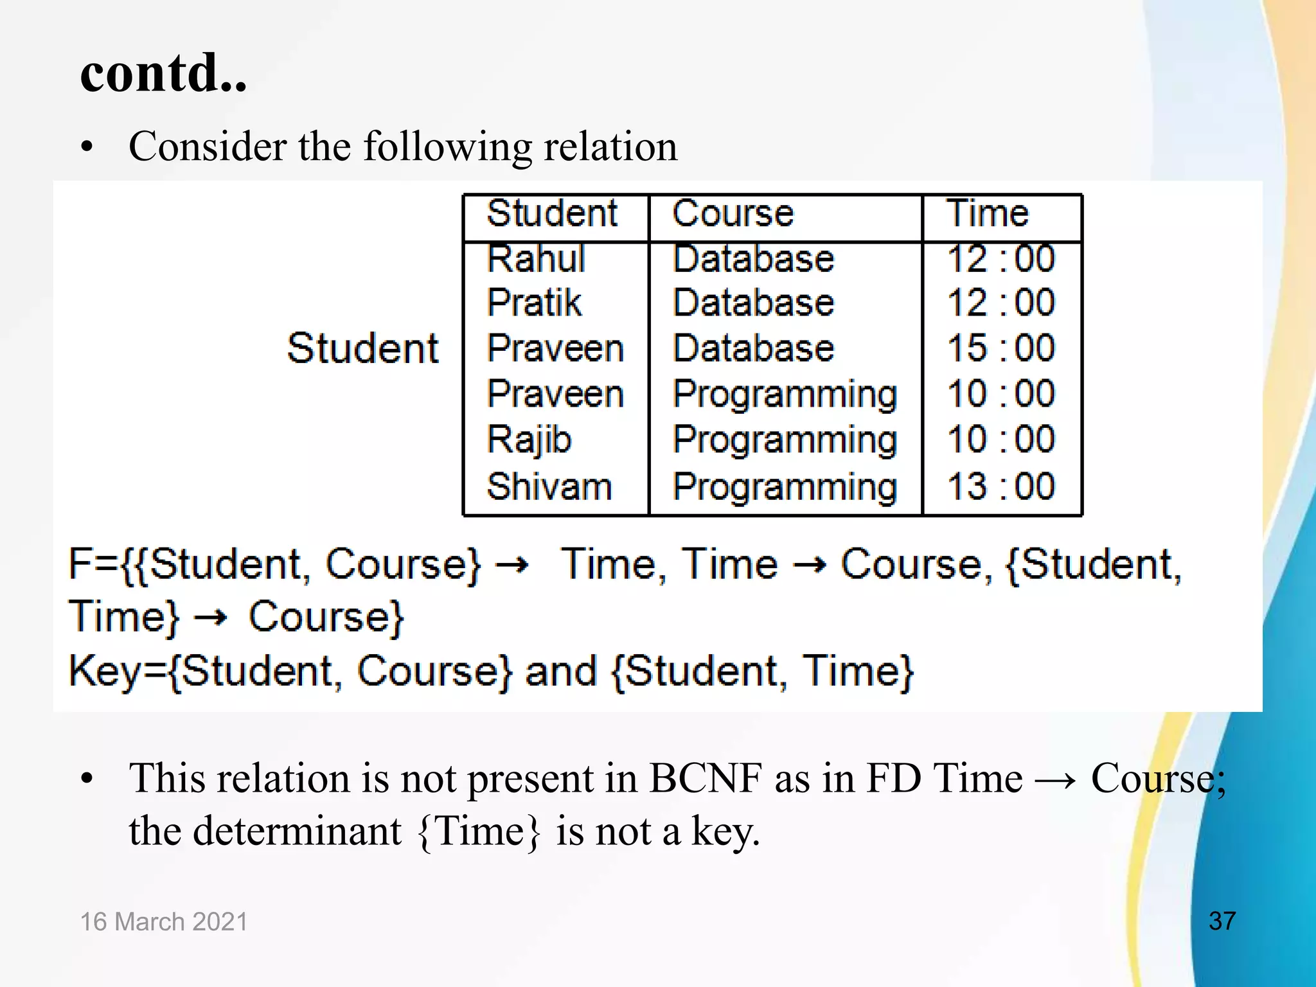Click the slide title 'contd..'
(163, 73)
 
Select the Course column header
(733, 213)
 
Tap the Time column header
(988, 213)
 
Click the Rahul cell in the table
(536, 258)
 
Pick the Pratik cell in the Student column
(534, 303)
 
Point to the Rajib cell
(529, 440)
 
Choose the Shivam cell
(549, 486)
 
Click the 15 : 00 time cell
(1000, 348)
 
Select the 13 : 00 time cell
(1000, 486)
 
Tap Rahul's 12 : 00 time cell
(1000, 258)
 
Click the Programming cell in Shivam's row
(785, 487)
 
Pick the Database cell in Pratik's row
(753, 303)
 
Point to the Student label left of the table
(363, 349)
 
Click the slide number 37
(1222, 921)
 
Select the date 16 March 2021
(164, 921)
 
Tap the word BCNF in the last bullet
(706, 778)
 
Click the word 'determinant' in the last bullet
(297, 831)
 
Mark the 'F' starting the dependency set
(81, 564)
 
